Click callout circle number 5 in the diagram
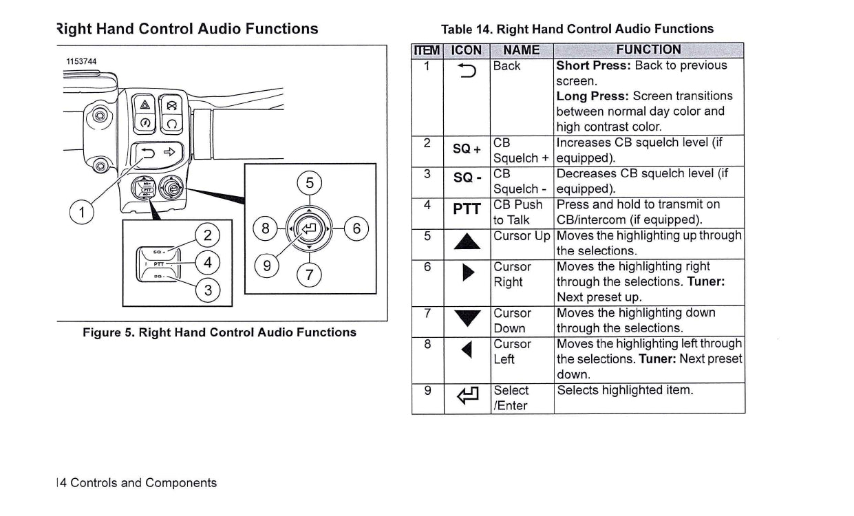[310, 183]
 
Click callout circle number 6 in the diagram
[356, 228]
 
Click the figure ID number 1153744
[81, 62]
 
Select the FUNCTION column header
[648, 50]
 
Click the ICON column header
[466, 50]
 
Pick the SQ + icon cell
[466, 149]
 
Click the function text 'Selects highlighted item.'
[625, 390]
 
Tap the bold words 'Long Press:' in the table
[590, 96]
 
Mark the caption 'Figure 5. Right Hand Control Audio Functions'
[220, 332]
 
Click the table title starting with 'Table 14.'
[577, 29]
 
